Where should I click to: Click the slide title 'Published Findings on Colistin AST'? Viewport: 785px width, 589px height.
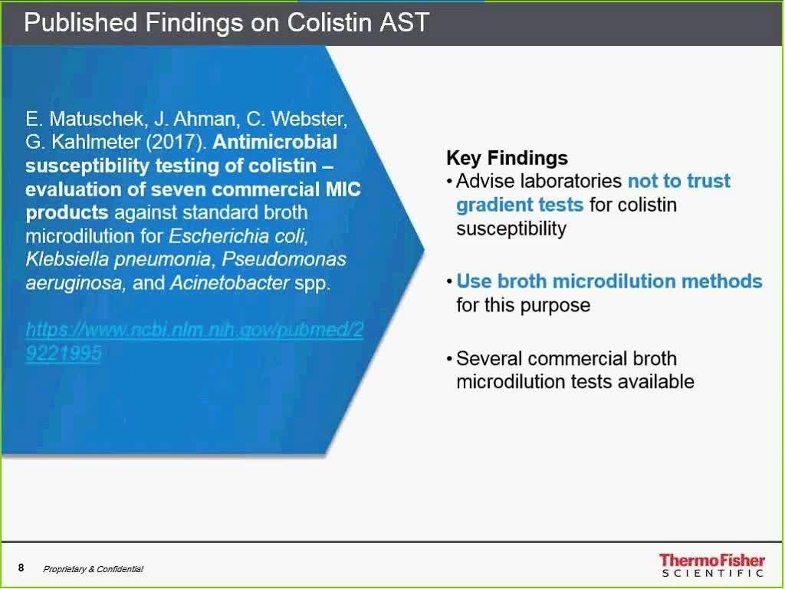pyautogui.click(x=227, y=22)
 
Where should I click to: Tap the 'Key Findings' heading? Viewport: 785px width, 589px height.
pyautogui.click(x=507, y=158)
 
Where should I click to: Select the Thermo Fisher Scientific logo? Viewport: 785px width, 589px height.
pyautogui.click(x=712, y=565)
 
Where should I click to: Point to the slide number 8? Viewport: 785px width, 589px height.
pyautogui.click(x=21, y=568)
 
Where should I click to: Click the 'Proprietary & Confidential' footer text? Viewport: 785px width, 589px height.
pyautogui.click(x=93, y=569)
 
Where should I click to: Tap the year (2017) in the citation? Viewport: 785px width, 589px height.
pyautogui.click(x=176, y=142)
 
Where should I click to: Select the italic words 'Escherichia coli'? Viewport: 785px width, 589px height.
pyautogui.click(x=238, y=236)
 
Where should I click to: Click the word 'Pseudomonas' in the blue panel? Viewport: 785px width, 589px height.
pyautogui.click(x=284, y=259)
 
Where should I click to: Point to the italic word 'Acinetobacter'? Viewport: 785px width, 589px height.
pyautogui.click(x=230, y=283)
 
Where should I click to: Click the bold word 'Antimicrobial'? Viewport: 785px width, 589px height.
pyautogui.click(x=275, y=142)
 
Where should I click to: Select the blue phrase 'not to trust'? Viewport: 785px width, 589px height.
pyautogui.click(x=679, y=181)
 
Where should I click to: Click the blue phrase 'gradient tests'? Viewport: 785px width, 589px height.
pyautogui.click(x=520, y=204)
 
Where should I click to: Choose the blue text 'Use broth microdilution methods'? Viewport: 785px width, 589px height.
pyautogui.click(x=609, y=281)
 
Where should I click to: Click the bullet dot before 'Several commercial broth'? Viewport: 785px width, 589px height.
pyautogui.click(x=450, y=359)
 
